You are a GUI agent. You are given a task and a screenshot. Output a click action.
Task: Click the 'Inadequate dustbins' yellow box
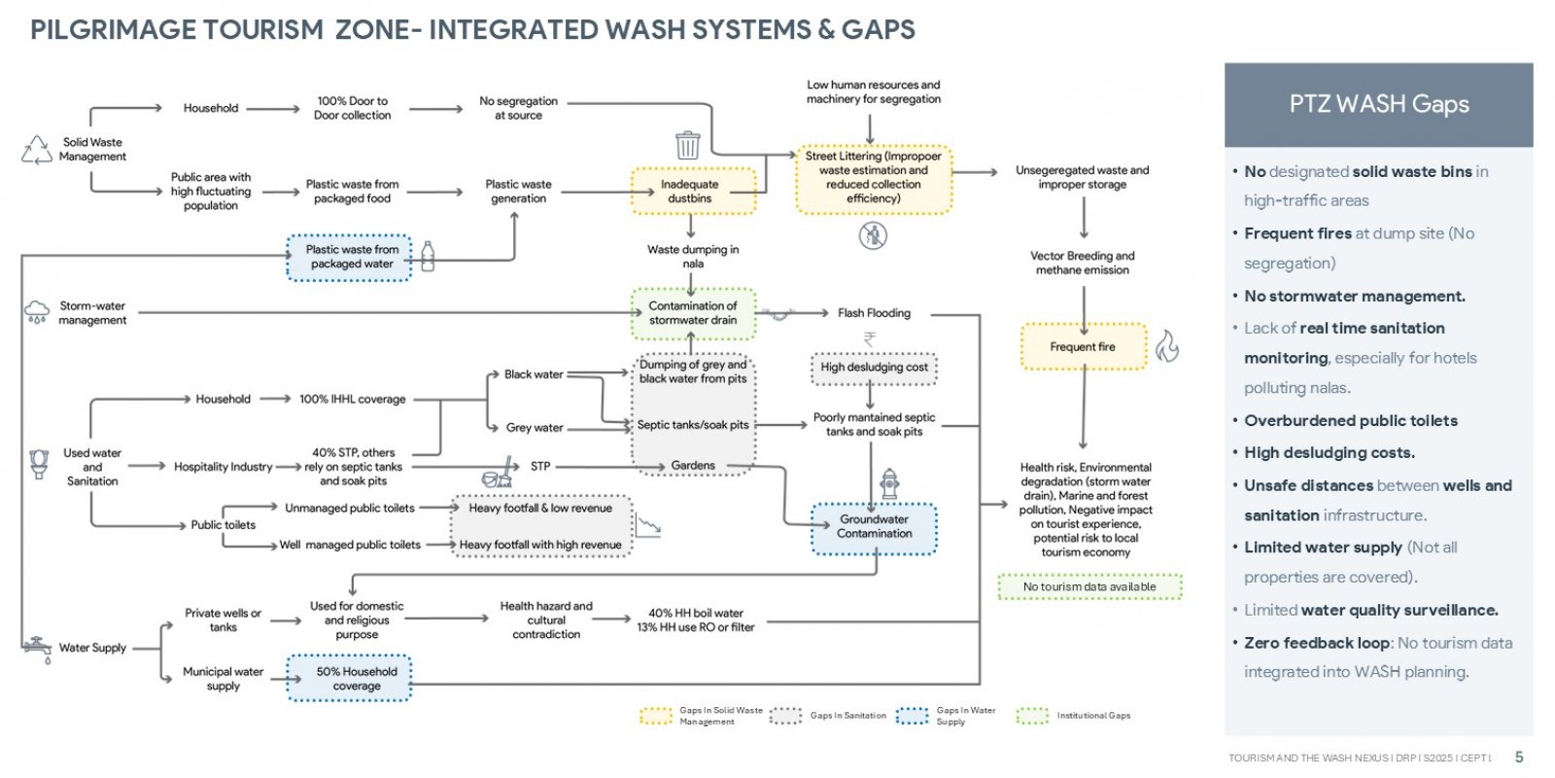pos(693,191)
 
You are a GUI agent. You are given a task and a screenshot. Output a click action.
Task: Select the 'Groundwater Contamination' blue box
pos(874,529)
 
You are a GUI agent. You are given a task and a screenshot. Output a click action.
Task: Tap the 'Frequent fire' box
pos(1084,346)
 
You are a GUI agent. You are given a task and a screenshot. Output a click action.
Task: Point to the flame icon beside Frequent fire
pos(1167,346)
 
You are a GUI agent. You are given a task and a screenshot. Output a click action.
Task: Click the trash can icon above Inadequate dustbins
pos(688,145)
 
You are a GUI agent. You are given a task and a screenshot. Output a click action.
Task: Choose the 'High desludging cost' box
pos(874,368)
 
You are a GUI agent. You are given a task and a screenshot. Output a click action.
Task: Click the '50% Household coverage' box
pos(349,678)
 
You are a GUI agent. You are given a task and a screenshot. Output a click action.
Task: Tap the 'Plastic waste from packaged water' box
pos(349,257)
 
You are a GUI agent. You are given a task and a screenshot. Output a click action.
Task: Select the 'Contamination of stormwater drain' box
pos(693,313)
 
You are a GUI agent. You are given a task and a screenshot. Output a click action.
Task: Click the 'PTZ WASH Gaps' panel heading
pos(1379,104)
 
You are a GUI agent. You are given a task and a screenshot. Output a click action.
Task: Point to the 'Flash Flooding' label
pos(874,313)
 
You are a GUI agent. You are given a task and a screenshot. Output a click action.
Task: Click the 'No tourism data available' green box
pos(1089,587)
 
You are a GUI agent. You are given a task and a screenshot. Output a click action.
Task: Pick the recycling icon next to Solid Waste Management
pos(37,150)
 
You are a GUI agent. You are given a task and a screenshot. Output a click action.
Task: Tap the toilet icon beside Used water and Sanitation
pos(39,464)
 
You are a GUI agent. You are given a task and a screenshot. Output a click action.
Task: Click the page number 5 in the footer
pos(1519,758)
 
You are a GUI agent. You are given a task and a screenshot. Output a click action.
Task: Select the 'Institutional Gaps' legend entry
pos(1073,716)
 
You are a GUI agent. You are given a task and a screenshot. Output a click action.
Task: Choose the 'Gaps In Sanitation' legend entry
pos(828,716)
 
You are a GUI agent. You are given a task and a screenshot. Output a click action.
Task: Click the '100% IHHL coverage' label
pos(353,400)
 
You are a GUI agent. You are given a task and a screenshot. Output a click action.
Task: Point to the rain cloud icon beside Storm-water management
pos(37,312)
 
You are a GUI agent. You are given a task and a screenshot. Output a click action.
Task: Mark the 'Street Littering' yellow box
pos(874,178)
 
